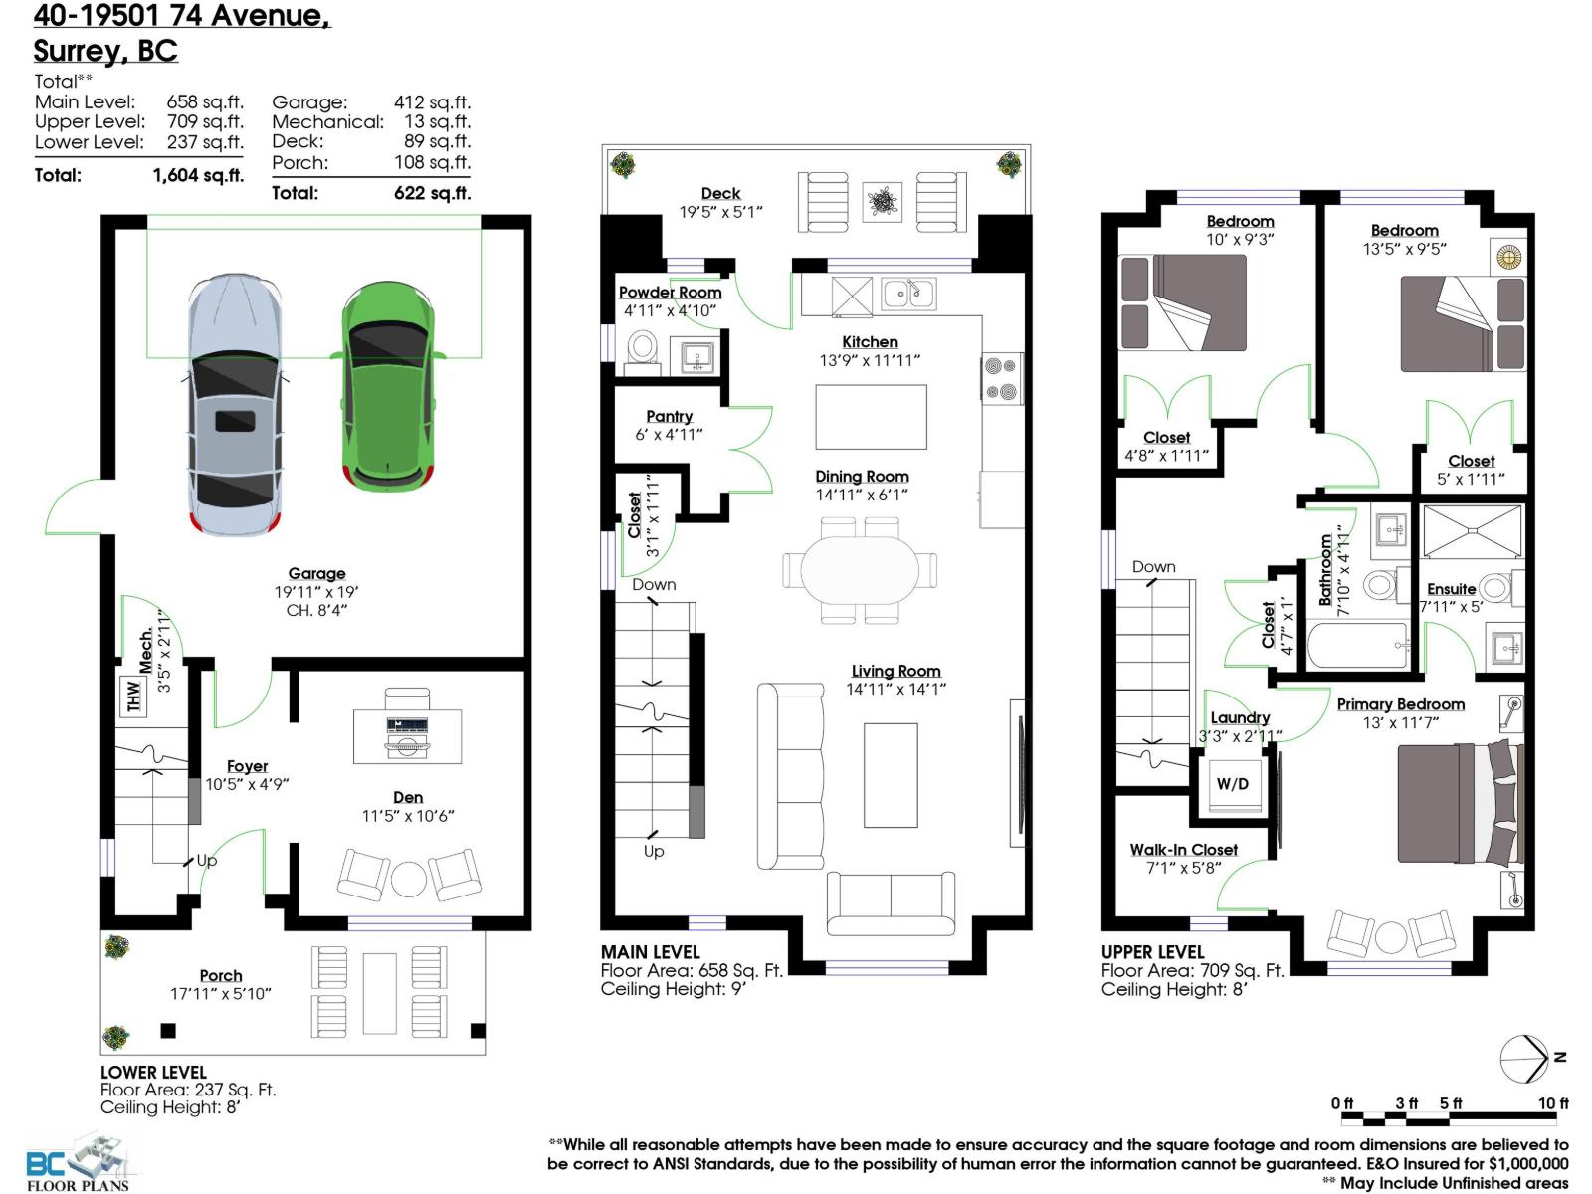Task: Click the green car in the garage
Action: point(388,388)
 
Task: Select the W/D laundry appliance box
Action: point(1232,784)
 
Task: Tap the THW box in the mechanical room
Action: point(133,696)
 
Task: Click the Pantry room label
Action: point(669,416)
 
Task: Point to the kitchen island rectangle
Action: point(871,418)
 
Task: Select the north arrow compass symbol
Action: point(1524,1059)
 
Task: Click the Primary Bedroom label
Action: point(1400,704)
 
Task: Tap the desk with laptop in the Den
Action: point(408,736)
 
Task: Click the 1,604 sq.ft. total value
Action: point(198,175)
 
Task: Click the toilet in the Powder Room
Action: point(643,350)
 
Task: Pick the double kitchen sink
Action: point(907,294)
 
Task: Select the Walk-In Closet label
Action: point(1183,849)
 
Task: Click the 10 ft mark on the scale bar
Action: point(1552,1102)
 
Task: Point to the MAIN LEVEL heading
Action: point(650,952)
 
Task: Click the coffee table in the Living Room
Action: point(890,775)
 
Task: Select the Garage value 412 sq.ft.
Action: point(432,101)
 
